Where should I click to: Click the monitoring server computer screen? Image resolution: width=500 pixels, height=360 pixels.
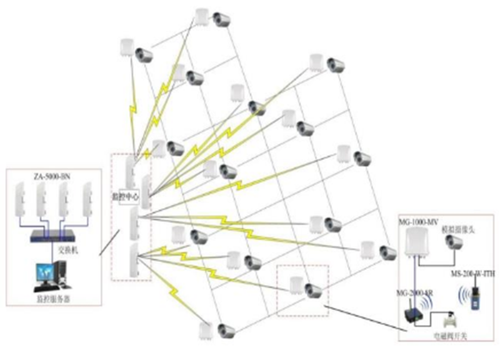coord(44,272)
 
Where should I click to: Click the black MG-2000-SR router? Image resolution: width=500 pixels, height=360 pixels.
coord(413,316)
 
